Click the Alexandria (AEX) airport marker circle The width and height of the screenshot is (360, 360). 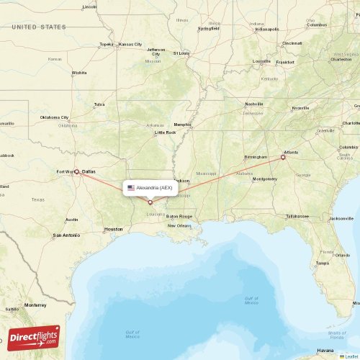pos(150,202)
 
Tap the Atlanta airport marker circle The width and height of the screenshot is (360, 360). pos(283,157)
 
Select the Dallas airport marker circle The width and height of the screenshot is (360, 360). pos(76,171)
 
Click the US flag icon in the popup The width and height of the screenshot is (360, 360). pos(131,188)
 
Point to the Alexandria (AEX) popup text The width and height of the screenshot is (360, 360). pos(154,188)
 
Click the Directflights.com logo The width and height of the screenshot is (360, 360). pos(35,337)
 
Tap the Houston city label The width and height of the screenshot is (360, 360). pos(113,229)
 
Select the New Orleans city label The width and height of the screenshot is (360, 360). pos(179,225)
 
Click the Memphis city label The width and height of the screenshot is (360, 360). pos(183,124)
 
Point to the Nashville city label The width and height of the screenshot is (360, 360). pos(233,104)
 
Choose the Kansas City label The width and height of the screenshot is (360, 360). pos(130,44)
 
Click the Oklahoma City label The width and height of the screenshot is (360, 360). pos(54,117)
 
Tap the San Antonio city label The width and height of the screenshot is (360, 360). pos(66,235)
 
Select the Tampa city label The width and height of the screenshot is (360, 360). pos(322,263)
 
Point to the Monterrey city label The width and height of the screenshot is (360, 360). pos(34,305)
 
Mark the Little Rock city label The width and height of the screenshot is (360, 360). pos(166,132)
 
